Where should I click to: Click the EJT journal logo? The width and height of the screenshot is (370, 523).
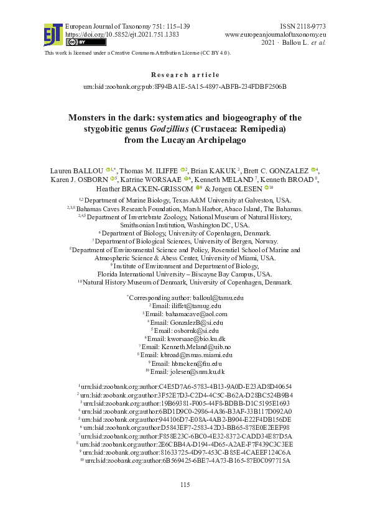coord(52,35)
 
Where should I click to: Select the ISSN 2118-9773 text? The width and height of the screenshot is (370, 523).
coord(303,26)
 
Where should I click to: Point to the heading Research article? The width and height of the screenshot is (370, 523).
coord(185,75)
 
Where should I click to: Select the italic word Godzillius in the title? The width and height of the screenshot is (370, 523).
coord(172,129)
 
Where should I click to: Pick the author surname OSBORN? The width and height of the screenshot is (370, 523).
coord(93,179)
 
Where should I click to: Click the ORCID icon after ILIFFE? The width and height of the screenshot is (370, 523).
coord(183,170)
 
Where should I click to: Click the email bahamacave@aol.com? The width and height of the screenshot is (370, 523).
coord(196,314)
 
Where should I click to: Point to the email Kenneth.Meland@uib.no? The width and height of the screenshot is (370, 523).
coord(198,347)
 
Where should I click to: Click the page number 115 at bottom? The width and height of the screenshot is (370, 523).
coord(185,502)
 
